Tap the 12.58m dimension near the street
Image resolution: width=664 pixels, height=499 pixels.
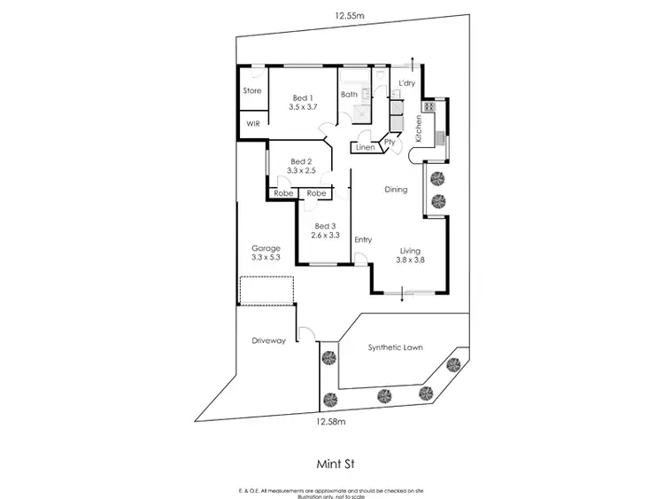(330, 422)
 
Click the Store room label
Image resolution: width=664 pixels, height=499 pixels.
(251, 90)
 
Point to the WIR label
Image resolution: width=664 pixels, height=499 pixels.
(252, 124)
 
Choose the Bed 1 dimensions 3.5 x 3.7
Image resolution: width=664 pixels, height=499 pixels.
(303, 106)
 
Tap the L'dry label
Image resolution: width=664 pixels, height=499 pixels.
(406, 83)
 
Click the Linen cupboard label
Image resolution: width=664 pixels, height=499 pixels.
(366, 147)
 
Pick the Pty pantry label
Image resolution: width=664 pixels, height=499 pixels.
(389, 142)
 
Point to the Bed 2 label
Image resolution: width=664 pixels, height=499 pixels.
(302, 161)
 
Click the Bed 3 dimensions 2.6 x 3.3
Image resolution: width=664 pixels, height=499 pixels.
(327, 236)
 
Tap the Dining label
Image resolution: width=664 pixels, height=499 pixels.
(395, 190)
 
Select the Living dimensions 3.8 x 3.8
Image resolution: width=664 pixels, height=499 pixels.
(412, 261)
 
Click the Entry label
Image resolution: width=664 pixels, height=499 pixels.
(363, 239)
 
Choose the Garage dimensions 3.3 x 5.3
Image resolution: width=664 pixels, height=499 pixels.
(266, 258)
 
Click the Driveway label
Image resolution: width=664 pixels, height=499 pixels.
(268, 340)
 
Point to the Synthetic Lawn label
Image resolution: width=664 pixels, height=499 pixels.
(395, 347)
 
